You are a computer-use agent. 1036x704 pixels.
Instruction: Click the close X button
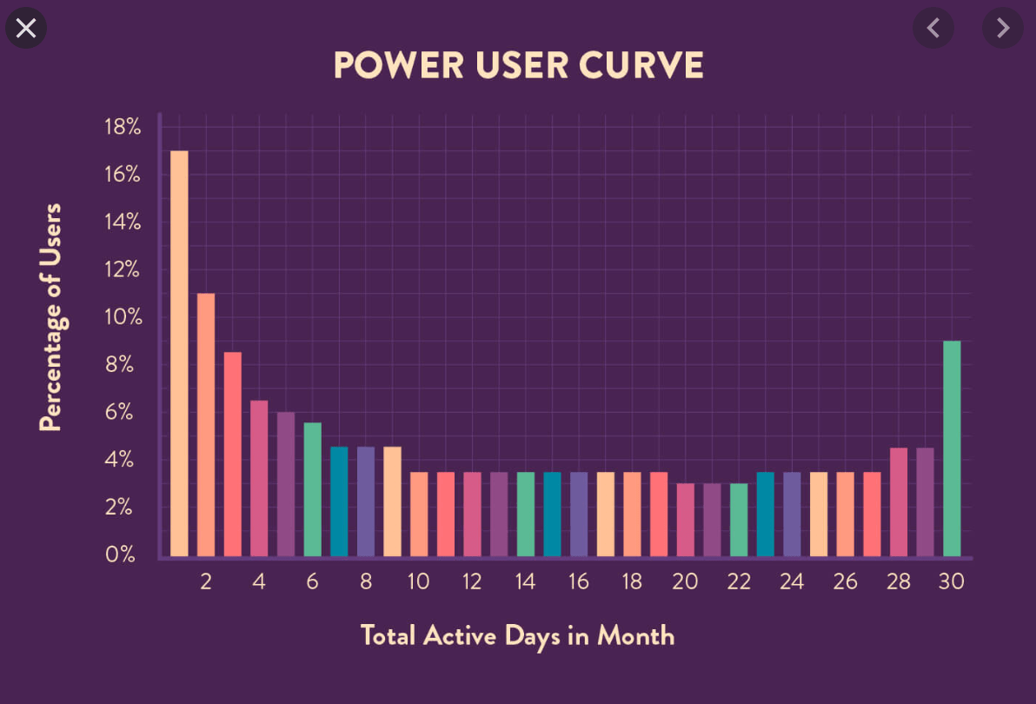(x=26, y=29)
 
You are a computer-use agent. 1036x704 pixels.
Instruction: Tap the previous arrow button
(x=933, y=29)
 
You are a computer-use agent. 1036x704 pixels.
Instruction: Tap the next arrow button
(x=1003, y=29)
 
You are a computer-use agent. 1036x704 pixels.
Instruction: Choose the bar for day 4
(x=259, y=478)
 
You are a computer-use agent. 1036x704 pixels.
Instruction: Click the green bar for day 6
(x=312, y=488)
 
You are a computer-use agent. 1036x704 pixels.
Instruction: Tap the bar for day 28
(x=899, y=501)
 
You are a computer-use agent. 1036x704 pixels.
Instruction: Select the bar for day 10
(x=419, y=513)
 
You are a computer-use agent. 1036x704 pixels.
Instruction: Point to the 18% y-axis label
(x=122, y=127)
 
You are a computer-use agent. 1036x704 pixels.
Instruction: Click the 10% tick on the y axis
(x=122, y=317)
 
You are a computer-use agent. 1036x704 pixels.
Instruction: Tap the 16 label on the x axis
(x=579, y=582)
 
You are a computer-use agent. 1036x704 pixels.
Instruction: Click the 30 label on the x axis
(x=952, y=582)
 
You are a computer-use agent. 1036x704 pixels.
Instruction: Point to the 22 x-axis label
(x=739, y=582)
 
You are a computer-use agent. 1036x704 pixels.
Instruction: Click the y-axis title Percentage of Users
(x=51, y=317)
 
